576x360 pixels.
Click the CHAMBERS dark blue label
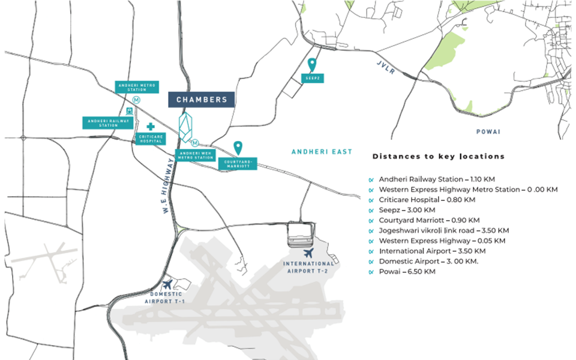pyautogui.click(x=201, y=100)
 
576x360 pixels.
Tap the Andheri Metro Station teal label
pyautogui.click(x=137, y=88)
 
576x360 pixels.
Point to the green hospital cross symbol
pyautogui.click(x=150, y=127)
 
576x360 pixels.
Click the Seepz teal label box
pyautogui.click(x=312, y=78)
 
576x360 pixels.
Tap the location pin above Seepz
pyautogui.click(x=312, y=64)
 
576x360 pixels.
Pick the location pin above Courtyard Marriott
pyautogui.click(x=238, y=147)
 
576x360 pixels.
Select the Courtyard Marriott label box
pyautogui.click(x=238, y=163)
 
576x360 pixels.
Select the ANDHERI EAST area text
pyautogui.click(x=322, y=152)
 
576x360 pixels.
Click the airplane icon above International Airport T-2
pyautogui.click(x=309, y=254)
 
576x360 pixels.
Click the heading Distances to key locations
pyautogui.click(x=439, y=157)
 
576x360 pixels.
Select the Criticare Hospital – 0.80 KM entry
pyautogui.click(x=427, y=199)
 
